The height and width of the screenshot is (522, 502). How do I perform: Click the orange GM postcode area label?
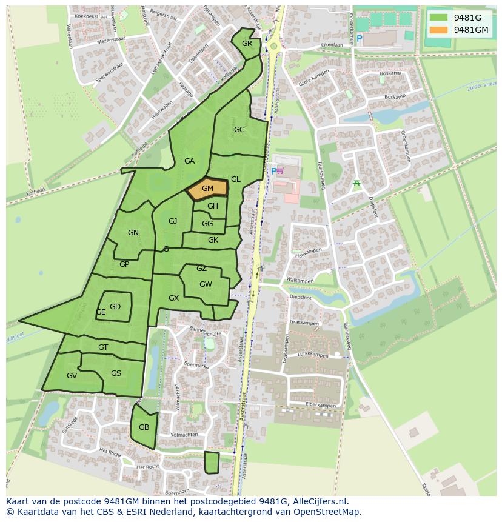point(207,189)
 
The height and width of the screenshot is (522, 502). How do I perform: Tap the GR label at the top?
point(247,44)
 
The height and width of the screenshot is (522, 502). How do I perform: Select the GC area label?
point(239,130)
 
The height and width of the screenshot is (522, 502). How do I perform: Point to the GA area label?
point(189,161)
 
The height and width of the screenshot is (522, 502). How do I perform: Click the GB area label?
point(144,427)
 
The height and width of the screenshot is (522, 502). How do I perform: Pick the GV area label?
point(72,376)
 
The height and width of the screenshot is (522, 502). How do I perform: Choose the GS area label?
point(116,373)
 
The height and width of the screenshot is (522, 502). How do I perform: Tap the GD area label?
point(115,307)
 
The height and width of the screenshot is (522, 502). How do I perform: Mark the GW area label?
point(206,284)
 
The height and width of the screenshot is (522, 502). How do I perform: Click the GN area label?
point(133,233)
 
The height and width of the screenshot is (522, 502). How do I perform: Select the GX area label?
point(173,298)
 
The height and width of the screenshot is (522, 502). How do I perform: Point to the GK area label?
point(213,240)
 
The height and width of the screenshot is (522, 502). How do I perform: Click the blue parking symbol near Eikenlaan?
point(359,39)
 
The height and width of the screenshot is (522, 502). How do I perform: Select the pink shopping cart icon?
point(280,172)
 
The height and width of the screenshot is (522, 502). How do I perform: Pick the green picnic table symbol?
point(356,183)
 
